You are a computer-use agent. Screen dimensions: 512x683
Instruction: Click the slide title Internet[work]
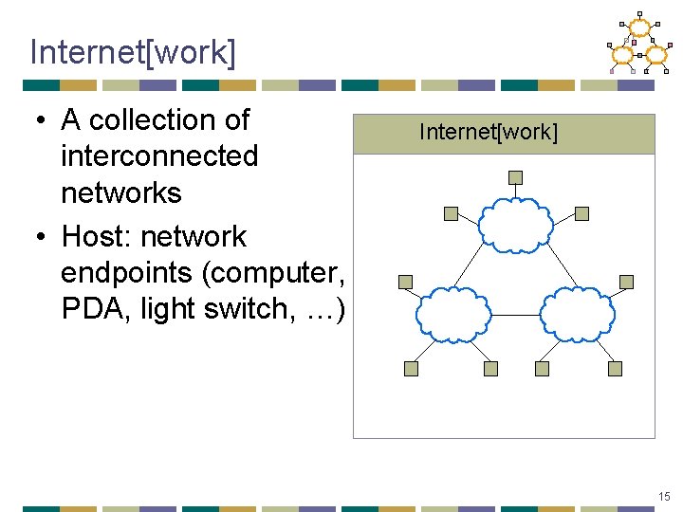pyautogui.click(x=132, y=52)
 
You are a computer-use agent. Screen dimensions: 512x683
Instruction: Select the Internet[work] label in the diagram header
pyautogui.click(x=488, y=132)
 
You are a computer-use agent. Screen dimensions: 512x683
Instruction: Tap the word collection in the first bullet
pyautogui.click(x=170, y=120)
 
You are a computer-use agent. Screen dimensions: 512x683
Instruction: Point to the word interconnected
pyautogui.click(x=158, y=156)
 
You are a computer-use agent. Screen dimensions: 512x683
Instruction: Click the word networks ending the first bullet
pyautogui.click(x=120, y=192)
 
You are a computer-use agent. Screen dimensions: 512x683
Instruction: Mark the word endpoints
pyautogui.click(x=128, y=272)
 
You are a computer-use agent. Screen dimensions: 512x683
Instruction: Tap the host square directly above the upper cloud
pyautogui.click(x=515, y=177)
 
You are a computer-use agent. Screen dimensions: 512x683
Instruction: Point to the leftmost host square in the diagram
pyautogui.click(x=405, y=282)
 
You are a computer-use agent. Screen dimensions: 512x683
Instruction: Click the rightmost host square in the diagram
pyautogui.click(x=626, y=282)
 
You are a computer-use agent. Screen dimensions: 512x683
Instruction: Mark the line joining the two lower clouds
pyautogui.click(x=515, y=315)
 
